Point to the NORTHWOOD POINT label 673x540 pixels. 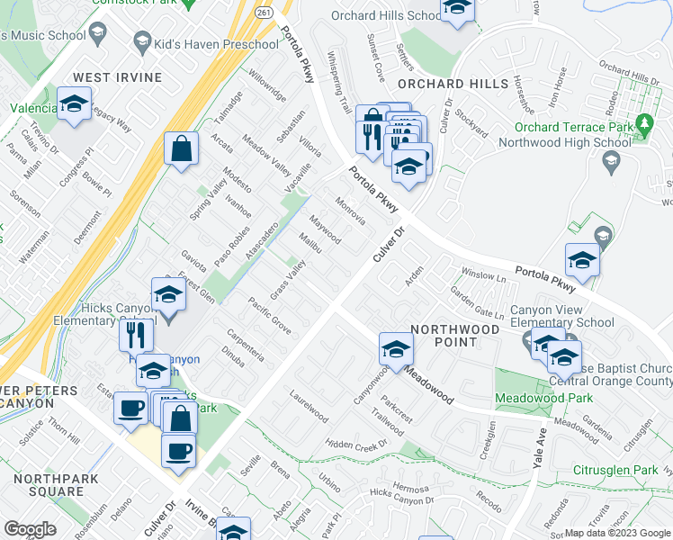click(455, 336)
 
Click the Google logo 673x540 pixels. click(30, 529)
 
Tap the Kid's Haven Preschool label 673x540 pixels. click(217, 44)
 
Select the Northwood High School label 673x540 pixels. click(576, 142)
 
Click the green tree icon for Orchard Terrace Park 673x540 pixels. click(643, 122)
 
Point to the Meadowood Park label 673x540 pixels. click(543, 398)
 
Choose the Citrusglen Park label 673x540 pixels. click(616, 470)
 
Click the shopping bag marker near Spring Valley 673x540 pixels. click(181, 149)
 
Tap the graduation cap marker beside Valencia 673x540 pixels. click(74, 103)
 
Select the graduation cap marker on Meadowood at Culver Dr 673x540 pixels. click(396, 349)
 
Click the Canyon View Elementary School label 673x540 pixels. click(562, 317)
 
